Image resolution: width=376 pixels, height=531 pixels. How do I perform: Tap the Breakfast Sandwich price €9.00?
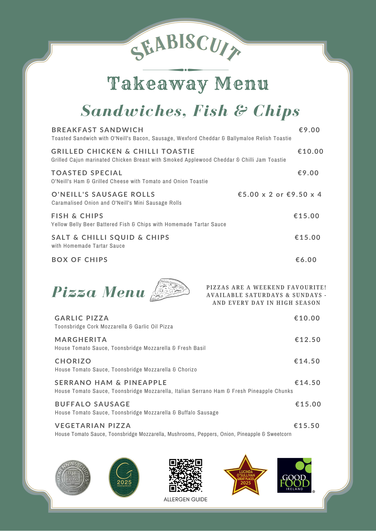pyautogui.click(x=309, y=130)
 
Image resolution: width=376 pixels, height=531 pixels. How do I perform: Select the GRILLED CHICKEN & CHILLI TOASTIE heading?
pyautogui.click(x=123, y=151)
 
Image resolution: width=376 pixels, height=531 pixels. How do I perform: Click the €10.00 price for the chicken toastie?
pyautogui.click(x=310, y=151)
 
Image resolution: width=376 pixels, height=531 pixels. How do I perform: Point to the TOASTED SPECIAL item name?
pyautogui.click(x=87, y=173)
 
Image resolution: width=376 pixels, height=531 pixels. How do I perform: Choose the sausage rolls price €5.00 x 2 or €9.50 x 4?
pyautogui.click(x=279, y=194)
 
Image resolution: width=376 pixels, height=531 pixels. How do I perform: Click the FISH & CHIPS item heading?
pyautogui.click(x=77, y=216)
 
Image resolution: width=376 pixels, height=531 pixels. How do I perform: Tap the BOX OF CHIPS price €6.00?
pyautogui.click(x=306, y=260)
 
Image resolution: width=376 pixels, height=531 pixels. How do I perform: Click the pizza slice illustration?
pyautogui.click(x=170, y=290)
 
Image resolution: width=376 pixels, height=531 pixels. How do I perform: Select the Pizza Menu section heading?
pyautogui.click(x=98, y=292)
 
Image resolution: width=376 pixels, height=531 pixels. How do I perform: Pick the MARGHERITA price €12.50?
pyautogui.click(x=308, y=340)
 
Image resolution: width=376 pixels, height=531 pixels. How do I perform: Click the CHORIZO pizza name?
pyautogui.click(x=73, y=361)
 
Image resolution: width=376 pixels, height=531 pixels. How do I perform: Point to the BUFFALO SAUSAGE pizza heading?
pyautogui.click(x=92, y=404)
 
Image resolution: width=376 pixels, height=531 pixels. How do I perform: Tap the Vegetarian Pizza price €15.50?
pyautogui.click(x=307, y=426)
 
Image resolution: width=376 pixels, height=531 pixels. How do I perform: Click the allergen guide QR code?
pyautogui.click(x=186, y=475)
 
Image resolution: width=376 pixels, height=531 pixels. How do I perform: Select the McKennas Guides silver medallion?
pyautogui.click(x=73, y=477)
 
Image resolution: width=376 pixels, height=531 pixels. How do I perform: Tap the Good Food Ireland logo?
pyautogui.click(x=294, y=475)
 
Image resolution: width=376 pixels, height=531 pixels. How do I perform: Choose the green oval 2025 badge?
pyautogui.click(x=124, y=477)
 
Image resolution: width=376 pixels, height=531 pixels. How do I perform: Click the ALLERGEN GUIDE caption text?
pyautogui.click(x=186, y=499)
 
